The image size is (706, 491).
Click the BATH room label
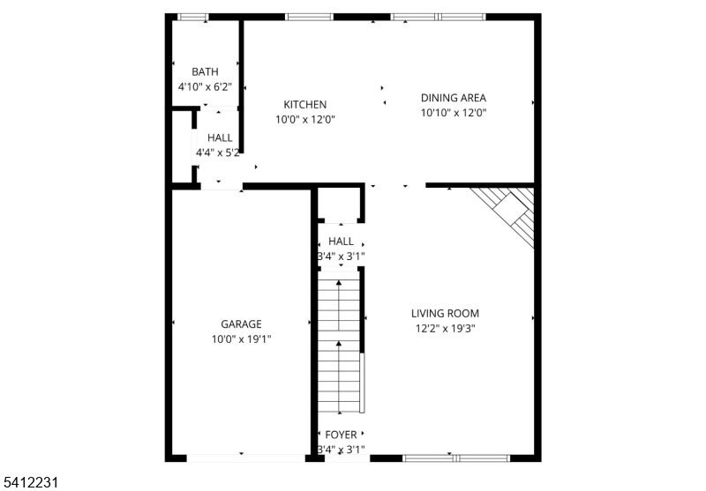(205, 71)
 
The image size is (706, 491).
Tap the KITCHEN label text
(304, 104)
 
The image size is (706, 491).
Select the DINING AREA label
(454, 98)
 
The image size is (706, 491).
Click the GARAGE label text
(241, 324)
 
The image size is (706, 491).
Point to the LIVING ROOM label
(445, 313)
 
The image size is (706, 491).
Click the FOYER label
(341, 435)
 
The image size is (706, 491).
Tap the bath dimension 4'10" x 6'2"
(205, 86)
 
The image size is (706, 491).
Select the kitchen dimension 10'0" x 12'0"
(304, 119)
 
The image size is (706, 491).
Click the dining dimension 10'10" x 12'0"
(454, 113)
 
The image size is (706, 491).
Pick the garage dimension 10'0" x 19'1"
(241, 339)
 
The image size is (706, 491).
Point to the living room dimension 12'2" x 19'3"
(445, 328)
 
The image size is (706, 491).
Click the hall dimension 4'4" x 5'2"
(218, 153)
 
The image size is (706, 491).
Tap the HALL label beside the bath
(220, 138)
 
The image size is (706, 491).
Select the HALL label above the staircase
(341, 241)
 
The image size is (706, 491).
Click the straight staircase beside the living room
(339, 344)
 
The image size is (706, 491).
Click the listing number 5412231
(31, 482)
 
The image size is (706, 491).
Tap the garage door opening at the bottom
(240, 458)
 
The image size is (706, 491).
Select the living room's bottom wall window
(455, 458)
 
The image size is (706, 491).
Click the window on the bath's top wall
(193, 17)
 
